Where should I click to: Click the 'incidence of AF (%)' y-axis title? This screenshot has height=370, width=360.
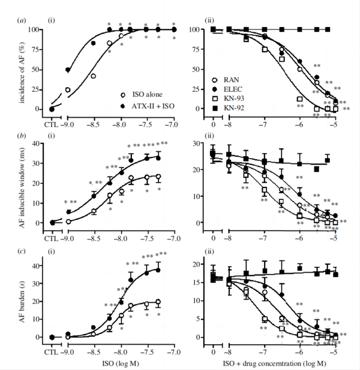click(x=14, y=69)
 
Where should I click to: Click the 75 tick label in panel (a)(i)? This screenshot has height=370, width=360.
click(x=36, y=49)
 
